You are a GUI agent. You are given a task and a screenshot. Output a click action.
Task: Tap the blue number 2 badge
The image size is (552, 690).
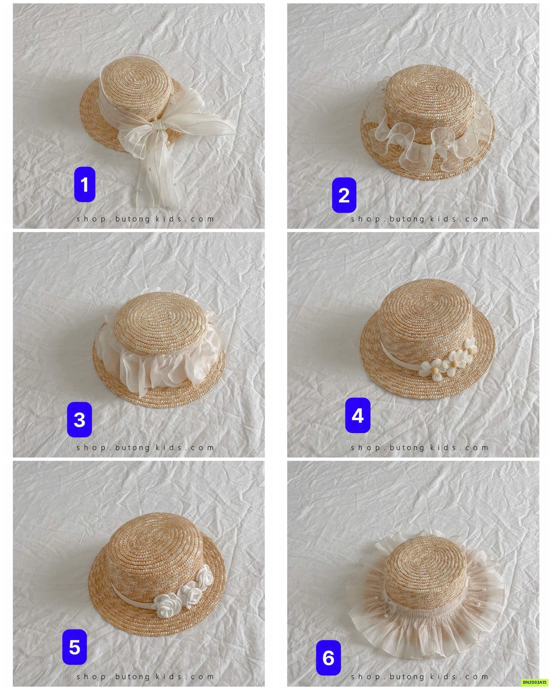click(344, 195)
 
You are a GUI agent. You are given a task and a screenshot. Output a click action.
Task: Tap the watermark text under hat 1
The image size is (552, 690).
click(145, 219)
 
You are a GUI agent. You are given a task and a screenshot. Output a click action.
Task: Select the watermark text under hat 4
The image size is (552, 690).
click(420, 447)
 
